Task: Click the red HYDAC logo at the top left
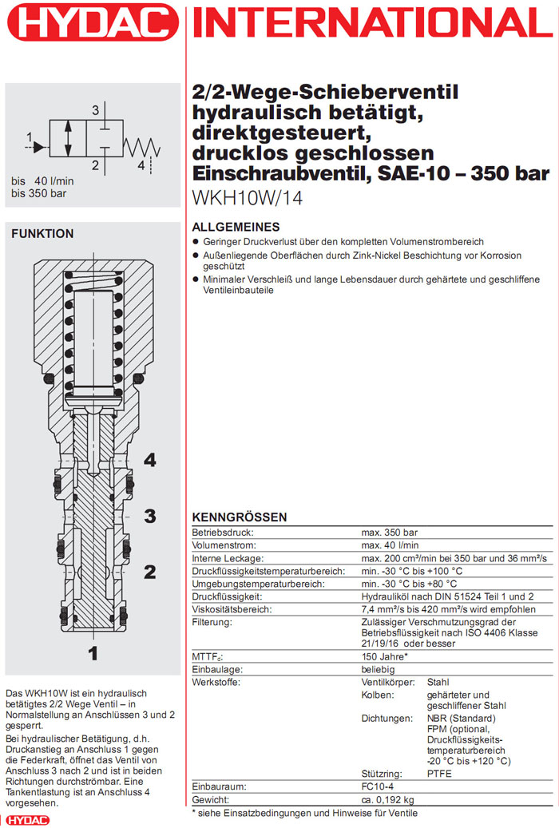(x=93, y=24)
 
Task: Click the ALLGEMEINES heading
(x=236, y=227)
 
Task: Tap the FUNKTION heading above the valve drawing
(x=42, y=234)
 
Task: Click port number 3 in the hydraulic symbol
(x=95, y=109)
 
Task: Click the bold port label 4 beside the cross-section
(x=149, y=460)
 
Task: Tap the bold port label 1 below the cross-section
(x=93, y=653)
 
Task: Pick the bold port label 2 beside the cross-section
(x=149, y=572)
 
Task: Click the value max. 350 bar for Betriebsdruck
(x=389, y=533)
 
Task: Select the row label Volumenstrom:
(x=221, y=545)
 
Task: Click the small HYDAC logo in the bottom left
(x=27, y=820)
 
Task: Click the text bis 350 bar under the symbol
(x=38, y=192)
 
